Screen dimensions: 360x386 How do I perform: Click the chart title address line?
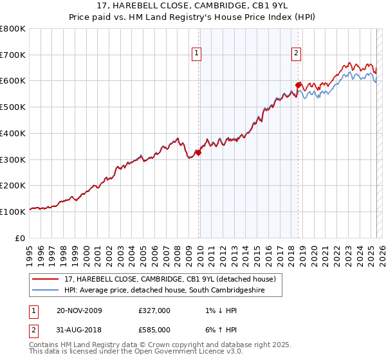193,6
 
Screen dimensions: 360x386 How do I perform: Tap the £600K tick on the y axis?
13,81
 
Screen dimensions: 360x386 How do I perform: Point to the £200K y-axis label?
13,185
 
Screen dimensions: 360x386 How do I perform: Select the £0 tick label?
20,238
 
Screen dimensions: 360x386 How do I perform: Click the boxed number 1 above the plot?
196,54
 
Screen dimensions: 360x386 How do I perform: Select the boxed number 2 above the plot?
296,54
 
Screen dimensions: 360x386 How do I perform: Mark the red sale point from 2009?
199,152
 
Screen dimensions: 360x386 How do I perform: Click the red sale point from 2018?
298,85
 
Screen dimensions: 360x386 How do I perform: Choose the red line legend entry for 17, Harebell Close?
170,279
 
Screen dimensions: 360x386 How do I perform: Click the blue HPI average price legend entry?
173,291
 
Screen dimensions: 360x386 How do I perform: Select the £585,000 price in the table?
154,330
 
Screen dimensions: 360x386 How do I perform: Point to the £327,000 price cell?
154,310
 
